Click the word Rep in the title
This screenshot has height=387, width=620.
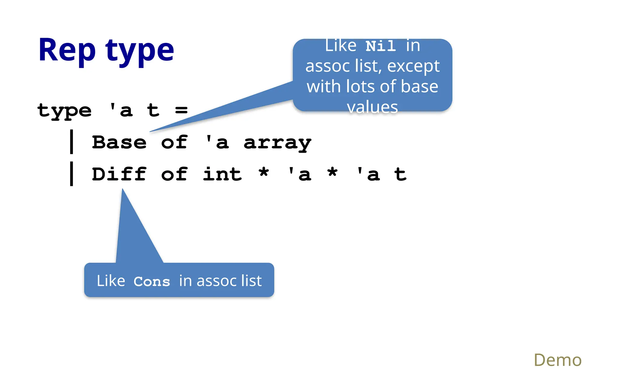point(67,50)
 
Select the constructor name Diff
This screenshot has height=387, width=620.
point(119,174)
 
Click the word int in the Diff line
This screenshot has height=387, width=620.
point(222,174)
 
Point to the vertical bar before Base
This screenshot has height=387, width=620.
point(71,141)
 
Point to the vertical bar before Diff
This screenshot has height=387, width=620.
point(71,174)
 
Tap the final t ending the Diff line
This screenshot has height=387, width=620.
point(400,174)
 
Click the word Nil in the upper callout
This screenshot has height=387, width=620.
point(381,46)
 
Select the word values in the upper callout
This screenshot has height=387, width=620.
point(372,107)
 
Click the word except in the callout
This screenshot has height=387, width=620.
point(413,66)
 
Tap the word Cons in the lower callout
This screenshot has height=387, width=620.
point(152,281)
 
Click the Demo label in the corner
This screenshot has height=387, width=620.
point(557,360)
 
